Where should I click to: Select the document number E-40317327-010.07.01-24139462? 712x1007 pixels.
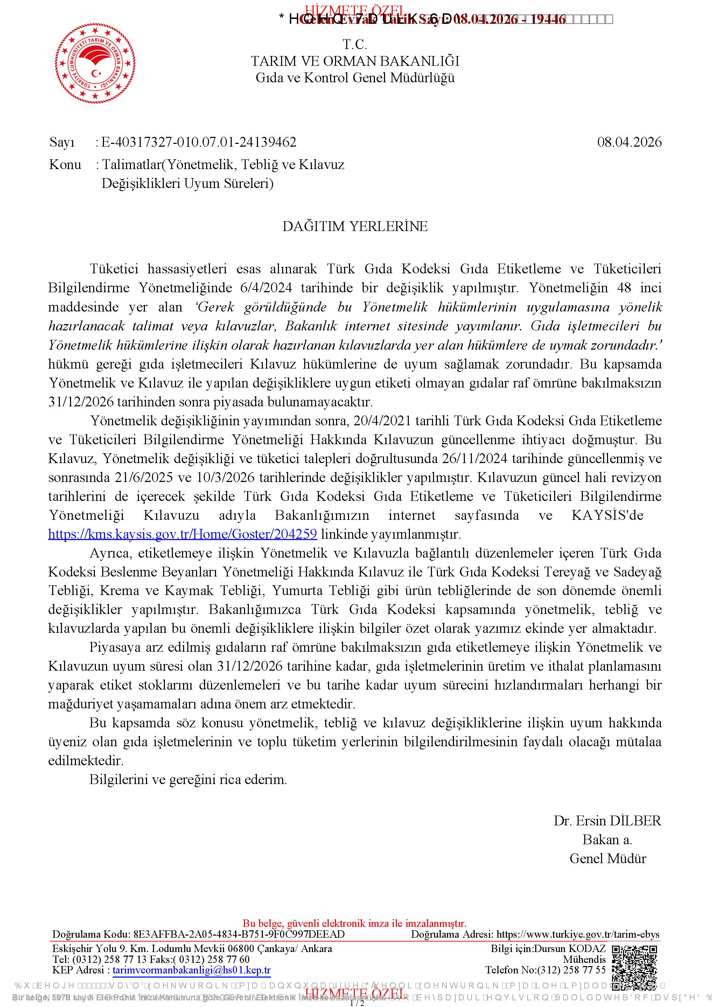coord(199,142)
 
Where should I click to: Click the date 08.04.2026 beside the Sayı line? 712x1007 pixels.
coord(629,142)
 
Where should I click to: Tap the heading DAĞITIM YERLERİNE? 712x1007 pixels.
coord(355,226)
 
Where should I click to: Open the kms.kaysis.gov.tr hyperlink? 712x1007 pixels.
coord(182,534)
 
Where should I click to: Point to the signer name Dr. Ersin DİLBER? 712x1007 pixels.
coord(607,820)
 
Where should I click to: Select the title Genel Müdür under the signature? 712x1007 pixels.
coord(608,858)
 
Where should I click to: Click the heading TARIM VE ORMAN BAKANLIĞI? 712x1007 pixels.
coord(355,61)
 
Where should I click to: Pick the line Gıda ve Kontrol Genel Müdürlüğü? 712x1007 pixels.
coord(355,78)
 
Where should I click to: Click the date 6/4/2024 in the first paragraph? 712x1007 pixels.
coord(266,288)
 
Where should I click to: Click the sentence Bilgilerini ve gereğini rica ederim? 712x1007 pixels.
coord(188,779)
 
